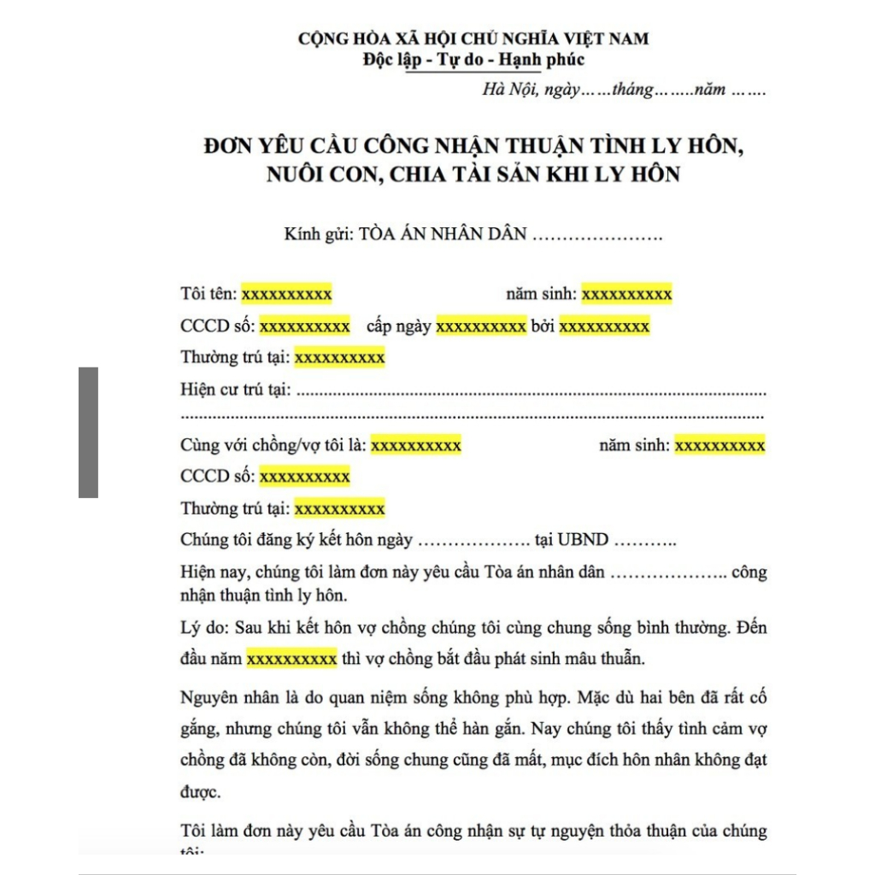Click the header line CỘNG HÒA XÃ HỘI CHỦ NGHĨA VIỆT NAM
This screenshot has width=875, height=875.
(473, 38)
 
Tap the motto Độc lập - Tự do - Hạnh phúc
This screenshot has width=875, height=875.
(473, 60)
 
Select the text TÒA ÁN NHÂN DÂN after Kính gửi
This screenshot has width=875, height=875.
(442, 234)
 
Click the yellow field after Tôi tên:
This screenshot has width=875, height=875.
(286, 294)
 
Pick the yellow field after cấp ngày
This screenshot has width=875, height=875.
(481, 326)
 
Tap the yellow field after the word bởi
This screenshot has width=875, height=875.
(604, 326)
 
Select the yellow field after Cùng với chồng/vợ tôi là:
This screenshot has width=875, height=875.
(416, 445)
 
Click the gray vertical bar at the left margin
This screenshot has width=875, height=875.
(88, 432)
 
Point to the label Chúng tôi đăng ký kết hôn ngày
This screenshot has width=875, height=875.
(297, 540)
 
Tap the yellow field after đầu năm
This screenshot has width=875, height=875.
(291, 660)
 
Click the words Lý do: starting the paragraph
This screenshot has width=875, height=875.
(203, 628)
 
